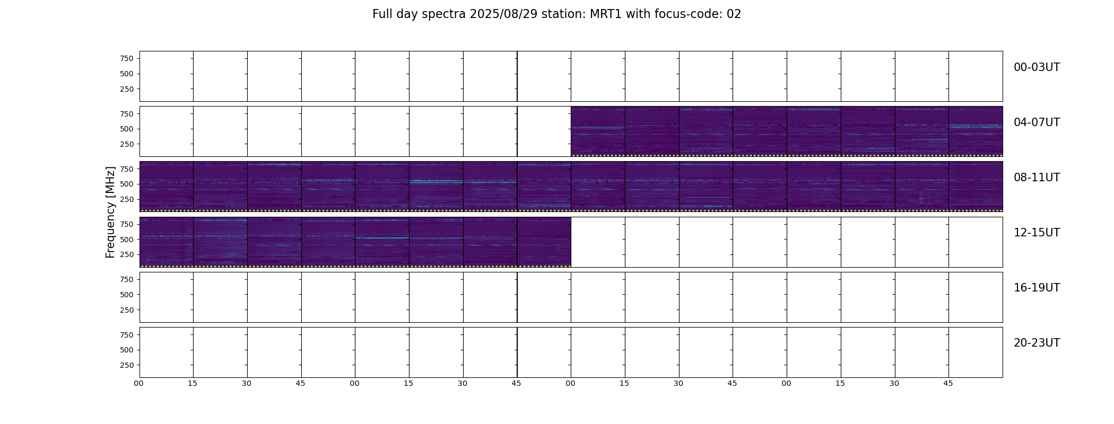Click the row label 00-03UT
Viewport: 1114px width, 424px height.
pyautogui.click(x=1037, y=67)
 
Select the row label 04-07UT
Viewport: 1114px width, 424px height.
pyautogui.click(x=1037, y=122)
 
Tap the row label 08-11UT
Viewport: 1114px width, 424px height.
pyautogui.click(x=1037, y=178)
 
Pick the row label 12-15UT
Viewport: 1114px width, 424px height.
pyautogui.click(x=1037, y=233)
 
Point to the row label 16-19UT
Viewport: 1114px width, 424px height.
pyautogui.click(x=1037, y=288)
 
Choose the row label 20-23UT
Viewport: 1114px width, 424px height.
pyautogui.click(x=1037, y=343)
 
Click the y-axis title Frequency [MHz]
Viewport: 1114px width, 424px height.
pyautogui.click(x=110, y=212)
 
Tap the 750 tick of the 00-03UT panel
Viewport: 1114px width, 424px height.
pyautogui.click(x=127, y=58)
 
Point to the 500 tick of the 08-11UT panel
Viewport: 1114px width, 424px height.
pyautogui.click(x=127, y=184)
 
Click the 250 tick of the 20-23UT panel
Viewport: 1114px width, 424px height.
pyautogui.click(x=127, y=365)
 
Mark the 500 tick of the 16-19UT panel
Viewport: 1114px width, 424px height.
pyautogui.click(x=127, y=295)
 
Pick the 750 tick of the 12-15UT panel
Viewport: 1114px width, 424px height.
pyautogui.click(x=127, y=224)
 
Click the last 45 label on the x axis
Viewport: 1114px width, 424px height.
pyautogui.click(x=948, y=383)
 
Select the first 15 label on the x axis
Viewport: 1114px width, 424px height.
pyautogui.click(x=193, y=383)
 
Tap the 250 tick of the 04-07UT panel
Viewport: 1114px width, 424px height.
pyautogui.click(x=127, y=144)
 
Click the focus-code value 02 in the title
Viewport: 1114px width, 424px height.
pyautogui.click(x=734, y=14)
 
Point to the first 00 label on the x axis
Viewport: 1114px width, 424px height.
pyautogui.click(x=139, y=383)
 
